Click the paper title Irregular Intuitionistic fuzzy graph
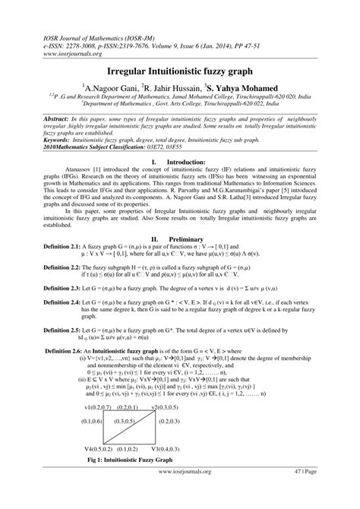pos(180,68)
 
